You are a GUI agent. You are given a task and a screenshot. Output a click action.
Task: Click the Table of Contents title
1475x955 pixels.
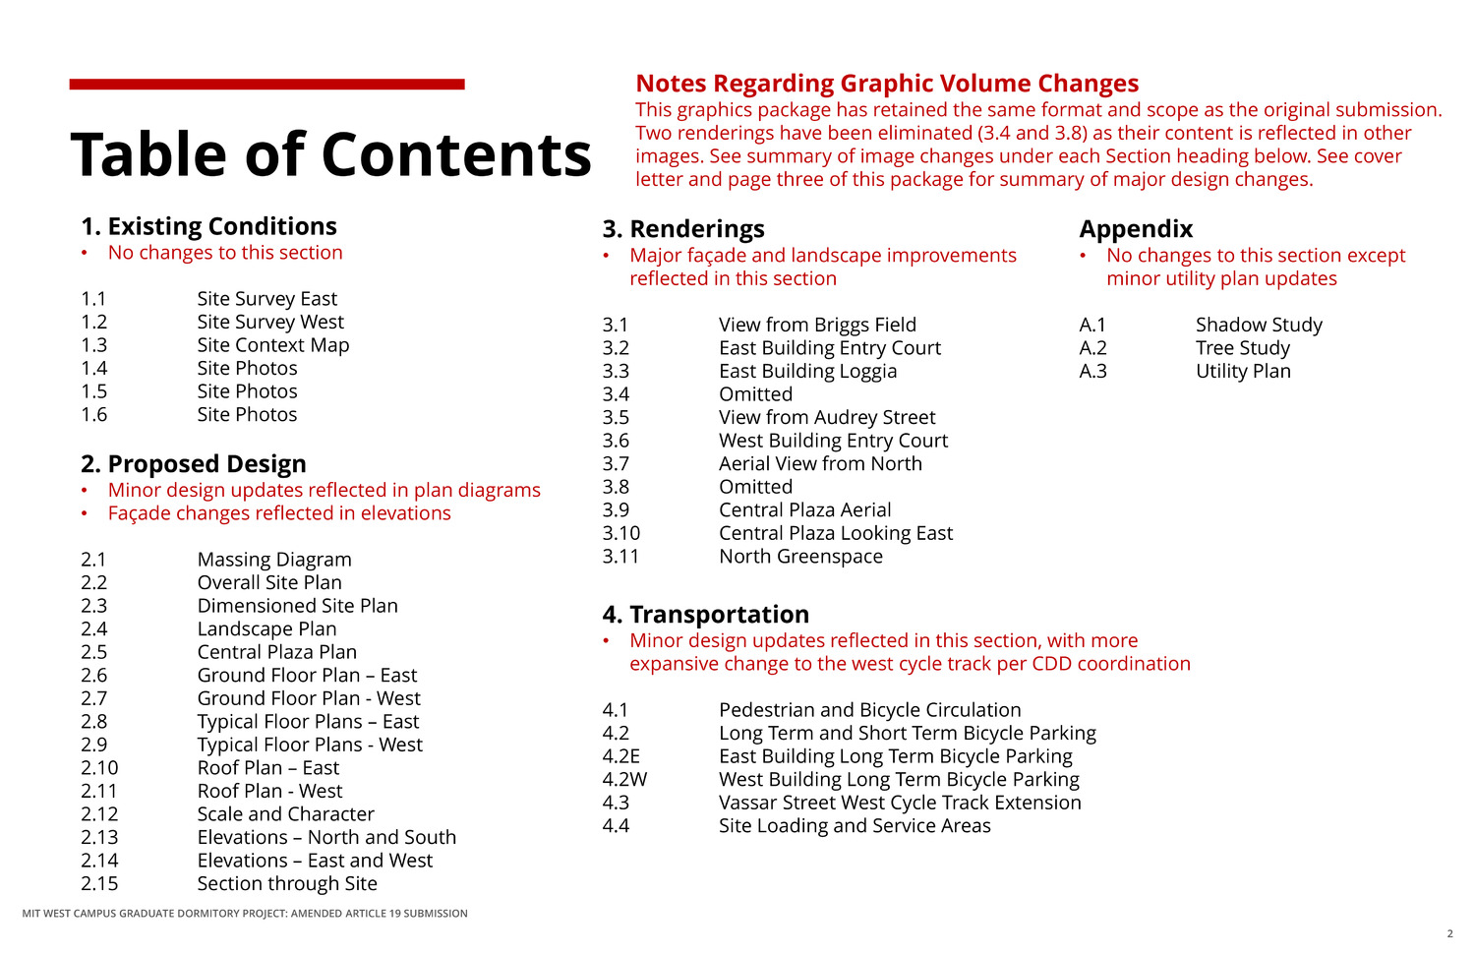tap(330, 154)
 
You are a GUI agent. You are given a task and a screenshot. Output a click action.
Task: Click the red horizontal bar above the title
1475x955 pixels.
tap(266, 85)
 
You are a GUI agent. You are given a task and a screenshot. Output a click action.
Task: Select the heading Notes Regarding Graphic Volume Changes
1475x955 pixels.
tap(887, 84)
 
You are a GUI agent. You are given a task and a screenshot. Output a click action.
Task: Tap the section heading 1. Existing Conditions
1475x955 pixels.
tap(208, 226)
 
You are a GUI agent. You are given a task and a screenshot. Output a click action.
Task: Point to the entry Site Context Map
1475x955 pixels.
tap(273, 345)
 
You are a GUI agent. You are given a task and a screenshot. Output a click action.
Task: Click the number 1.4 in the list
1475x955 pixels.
tap(94, 368)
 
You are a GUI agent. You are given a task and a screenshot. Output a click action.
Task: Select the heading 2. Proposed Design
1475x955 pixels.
tap(194, 463)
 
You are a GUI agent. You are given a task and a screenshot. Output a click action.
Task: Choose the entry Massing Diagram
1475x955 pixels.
tap(274, 560)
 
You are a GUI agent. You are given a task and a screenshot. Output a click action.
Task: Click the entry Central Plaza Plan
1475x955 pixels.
tap(277, 652)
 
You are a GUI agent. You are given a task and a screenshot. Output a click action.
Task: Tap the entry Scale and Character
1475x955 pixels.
tap(286, 814)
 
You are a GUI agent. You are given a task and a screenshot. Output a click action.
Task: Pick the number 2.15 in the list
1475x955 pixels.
tap(99, 883)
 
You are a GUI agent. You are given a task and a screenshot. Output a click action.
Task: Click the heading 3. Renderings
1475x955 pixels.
tap(683, 229)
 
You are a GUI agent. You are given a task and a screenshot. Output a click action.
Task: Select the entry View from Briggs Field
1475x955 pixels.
tap(817, 325)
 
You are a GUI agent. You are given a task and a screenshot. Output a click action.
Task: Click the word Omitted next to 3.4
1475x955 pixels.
tap(755, 394)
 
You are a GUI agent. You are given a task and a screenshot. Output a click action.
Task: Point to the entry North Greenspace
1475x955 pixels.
tap(800, 557)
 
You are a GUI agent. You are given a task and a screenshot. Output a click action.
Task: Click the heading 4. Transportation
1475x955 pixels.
tap(705, 615)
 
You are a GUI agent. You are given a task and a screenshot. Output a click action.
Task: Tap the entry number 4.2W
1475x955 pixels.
tap(624, 780)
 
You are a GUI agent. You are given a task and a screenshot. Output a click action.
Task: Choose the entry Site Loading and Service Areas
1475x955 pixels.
tap(855, 826)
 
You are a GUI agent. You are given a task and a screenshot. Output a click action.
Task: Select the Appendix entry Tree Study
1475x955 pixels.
tap(1243, 348)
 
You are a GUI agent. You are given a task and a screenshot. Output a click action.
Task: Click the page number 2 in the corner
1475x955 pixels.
tap(1449, 933)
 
